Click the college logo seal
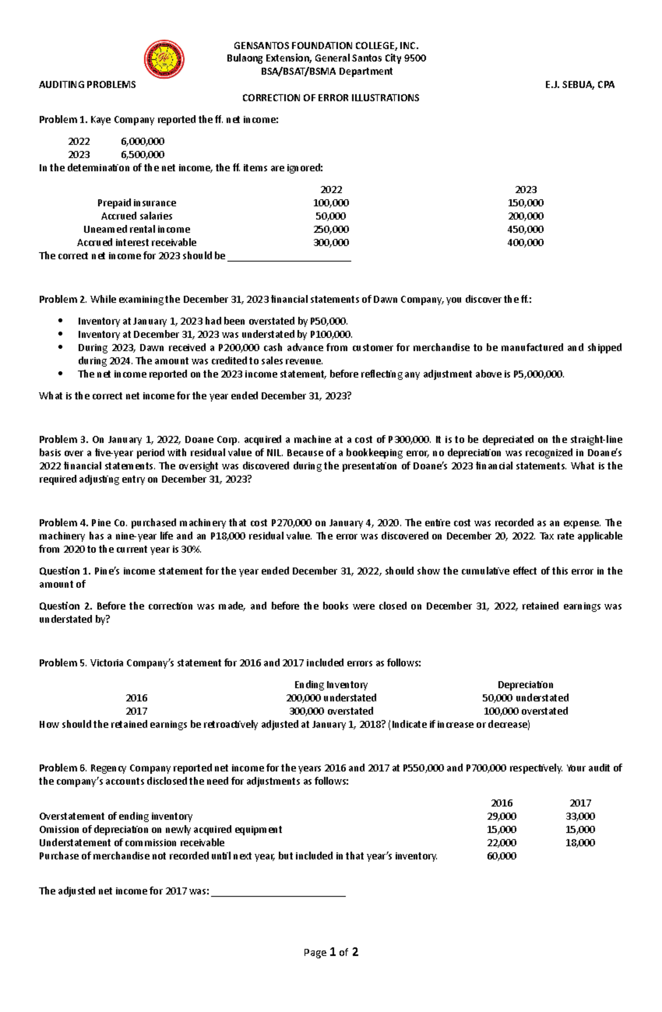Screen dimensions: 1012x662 164,60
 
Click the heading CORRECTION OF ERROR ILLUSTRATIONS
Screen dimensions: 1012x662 331,98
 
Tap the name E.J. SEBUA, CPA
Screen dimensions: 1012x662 579,84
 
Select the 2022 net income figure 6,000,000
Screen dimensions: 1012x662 142,141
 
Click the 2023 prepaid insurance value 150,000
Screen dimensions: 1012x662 525,203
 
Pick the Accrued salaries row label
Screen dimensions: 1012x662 137,216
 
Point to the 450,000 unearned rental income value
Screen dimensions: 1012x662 525,229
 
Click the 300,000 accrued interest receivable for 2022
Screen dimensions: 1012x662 331,243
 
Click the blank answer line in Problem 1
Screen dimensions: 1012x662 289,257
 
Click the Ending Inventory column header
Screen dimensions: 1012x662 331,684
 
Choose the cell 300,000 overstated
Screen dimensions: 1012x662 331,711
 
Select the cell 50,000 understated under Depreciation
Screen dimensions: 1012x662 525,698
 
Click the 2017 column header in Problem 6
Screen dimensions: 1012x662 580,803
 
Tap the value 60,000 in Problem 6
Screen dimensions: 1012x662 501,856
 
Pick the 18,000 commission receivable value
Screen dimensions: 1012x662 580,843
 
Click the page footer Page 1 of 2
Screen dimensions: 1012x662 331,952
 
